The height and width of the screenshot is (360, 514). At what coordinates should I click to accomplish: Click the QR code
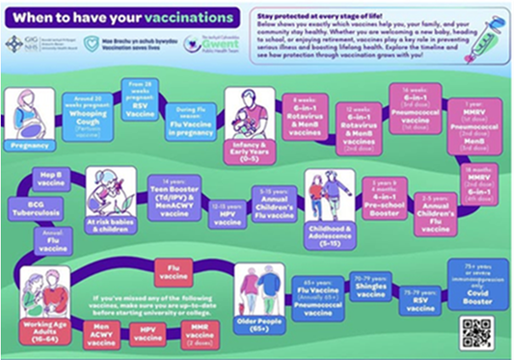(476, 331)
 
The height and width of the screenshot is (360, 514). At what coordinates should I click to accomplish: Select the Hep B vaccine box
(50, 180)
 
